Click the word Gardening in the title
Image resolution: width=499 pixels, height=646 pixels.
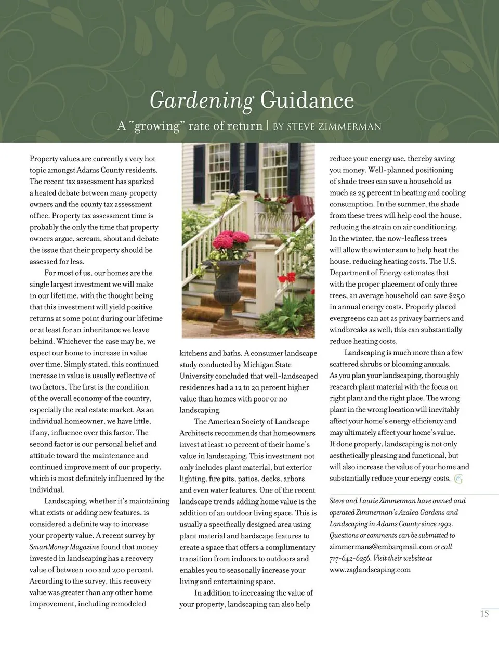(x=201, y=100)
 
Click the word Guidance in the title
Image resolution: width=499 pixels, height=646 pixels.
(x=307, y=99)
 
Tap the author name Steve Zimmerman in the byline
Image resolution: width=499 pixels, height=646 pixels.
(x=334, y=126)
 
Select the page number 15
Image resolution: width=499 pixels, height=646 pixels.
(x=484, y=614)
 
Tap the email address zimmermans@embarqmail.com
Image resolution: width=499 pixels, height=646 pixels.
(x=381, y=547)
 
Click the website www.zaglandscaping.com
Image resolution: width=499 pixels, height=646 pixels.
(x=370, y=570)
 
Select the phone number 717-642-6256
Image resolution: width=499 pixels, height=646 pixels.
(x=350, y=558)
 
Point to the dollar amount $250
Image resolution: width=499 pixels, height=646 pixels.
(x=456, y=295)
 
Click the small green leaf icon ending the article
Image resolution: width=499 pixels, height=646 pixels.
(x=458, y=479)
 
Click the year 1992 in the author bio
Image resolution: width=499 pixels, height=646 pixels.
(x=443, y=524)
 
